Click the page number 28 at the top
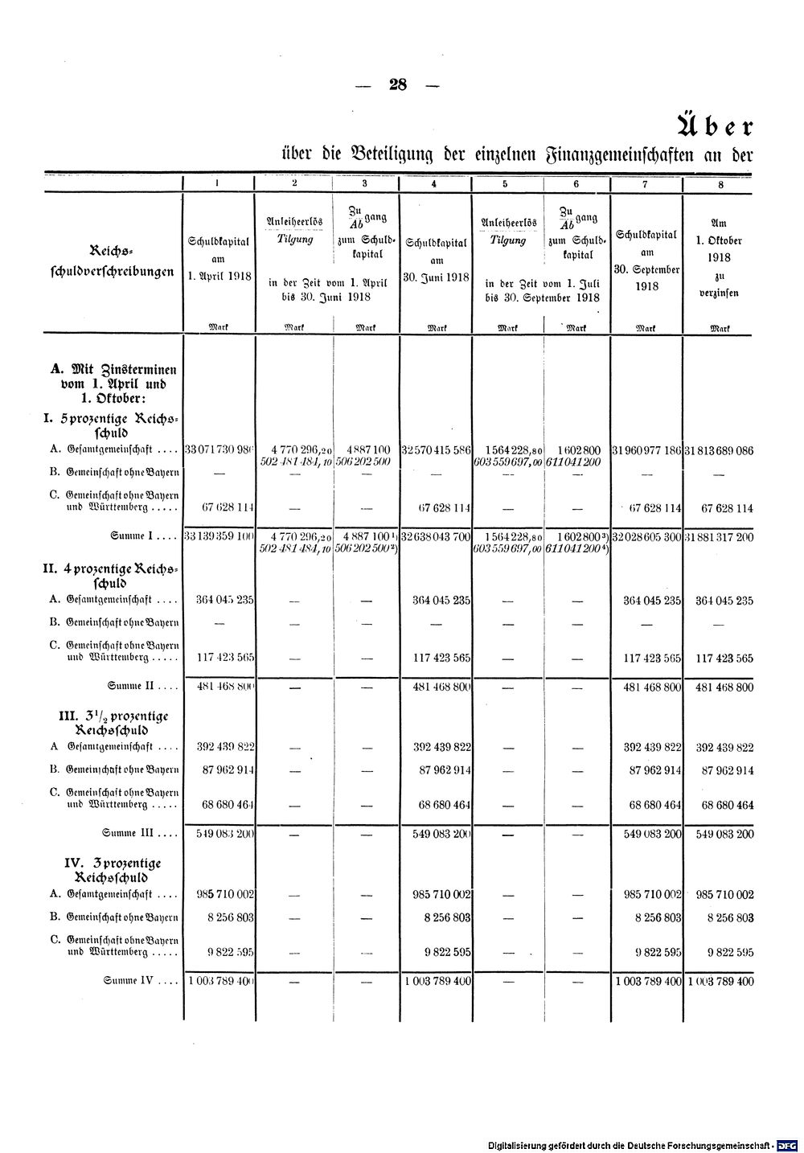coord(398,85)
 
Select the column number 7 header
coord(646,183)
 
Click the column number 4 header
coord(435,183)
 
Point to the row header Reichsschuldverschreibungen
coord(112,262)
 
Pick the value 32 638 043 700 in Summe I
coord(435,535)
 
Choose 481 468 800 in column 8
coord(720,687)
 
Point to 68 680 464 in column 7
coord(653,804)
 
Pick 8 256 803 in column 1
coord(230,917)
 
